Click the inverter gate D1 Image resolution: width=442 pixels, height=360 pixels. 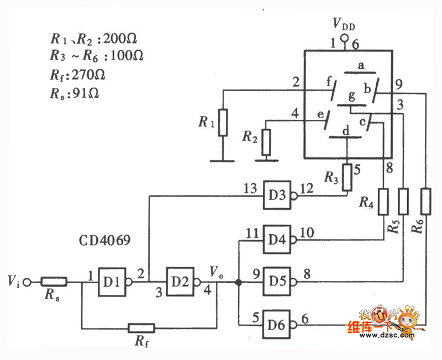coord(113,282)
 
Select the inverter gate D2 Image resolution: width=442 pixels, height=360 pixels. coord(179,282)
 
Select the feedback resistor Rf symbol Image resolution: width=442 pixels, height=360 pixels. coord(141,328)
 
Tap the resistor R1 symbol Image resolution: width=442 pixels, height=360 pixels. coord(222,123)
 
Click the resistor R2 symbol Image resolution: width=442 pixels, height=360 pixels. coord(266,141)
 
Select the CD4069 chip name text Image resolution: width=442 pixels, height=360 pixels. coord(104,241)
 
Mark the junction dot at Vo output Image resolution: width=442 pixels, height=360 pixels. coord(238,282)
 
